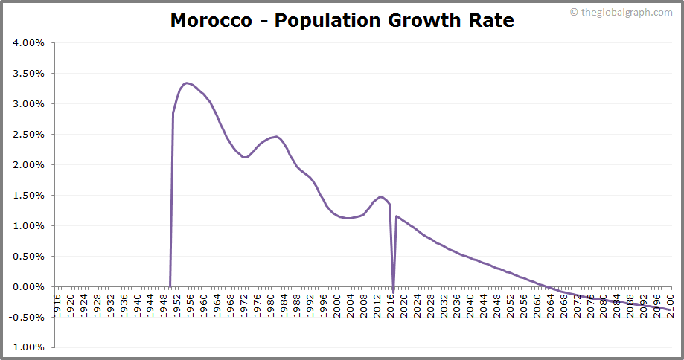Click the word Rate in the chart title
[488, 20]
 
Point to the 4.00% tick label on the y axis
[29, 43]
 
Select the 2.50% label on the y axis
[29, 135]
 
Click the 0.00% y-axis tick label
[29, 287]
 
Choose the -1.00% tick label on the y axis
[28, 347]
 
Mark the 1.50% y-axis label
[29, 196]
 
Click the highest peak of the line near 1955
[187, 83]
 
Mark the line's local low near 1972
[245, 157]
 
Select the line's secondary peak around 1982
[276, 136]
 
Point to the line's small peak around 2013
[380, 196]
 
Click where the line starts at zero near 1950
[170, 286]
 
